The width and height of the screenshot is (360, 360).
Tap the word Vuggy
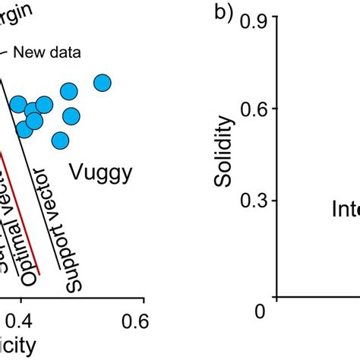coord(101,173)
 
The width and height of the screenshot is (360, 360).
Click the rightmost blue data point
coord(103,84)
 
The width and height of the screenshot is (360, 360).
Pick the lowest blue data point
coord(60,141)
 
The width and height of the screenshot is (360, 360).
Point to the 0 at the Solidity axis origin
coord(261,311)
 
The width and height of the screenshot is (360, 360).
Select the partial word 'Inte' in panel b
coord(345,209)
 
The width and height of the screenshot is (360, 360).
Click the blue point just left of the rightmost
coord(69,92)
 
